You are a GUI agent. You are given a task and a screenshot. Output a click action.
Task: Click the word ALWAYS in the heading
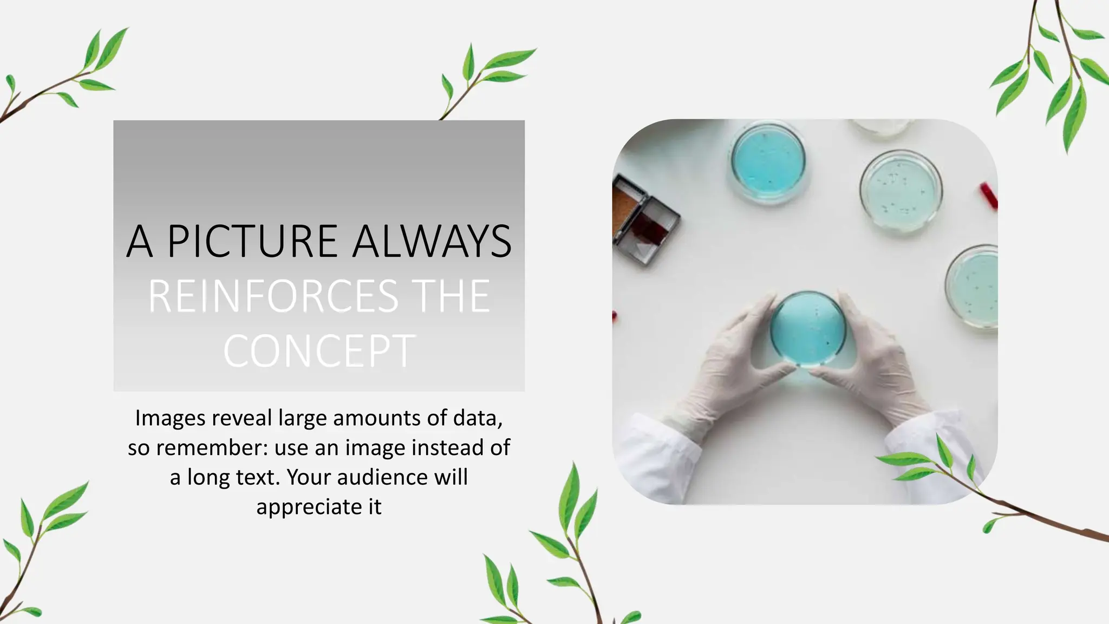point(432,241)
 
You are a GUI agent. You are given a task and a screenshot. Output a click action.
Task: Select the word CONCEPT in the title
point(319,352)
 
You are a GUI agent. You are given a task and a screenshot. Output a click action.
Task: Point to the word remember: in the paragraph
point(212,448)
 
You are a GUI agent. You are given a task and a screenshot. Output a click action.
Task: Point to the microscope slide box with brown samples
point(644,219)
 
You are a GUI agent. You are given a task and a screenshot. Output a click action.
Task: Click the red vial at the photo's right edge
point(988,196)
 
